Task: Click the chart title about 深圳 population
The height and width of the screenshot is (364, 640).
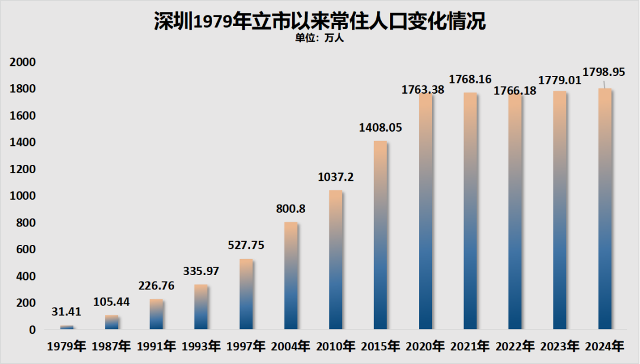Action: (319, 21)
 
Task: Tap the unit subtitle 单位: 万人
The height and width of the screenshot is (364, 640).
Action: (319, 39)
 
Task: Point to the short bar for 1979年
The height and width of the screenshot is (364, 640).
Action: (67, 327)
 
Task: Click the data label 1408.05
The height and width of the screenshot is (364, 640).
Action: (380, 127)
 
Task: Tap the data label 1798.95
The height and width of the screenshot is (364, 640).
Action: (604, 72)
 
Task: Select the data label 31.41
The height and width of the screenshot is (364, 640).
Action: (67, 312)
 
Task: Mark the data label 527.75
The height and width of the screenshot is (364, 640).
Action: (246, 245)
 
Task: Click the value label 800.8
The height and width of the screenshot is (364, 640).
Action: (290, 209)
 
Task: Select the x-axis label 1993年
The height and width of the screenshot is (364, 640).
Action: (201, 346)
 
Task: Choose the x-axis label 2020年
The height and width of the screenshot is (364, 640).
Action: (425, 346)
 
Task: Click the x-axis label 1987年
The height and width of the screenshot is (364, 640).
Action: (112, 346)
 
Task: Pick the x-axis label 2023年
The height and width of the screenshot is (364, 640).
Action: (559, 346)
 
